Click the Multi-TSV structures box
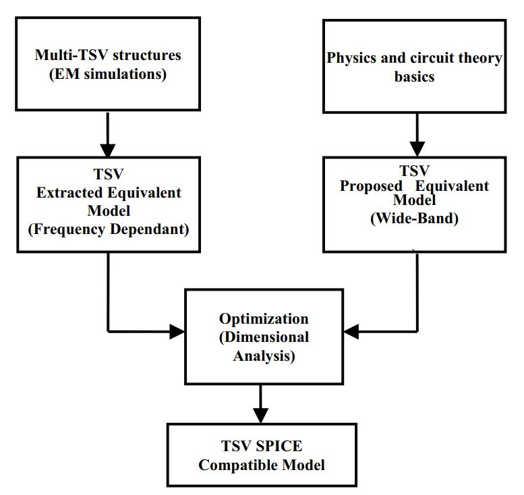[x=109, y=64]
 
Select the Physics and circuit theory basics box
[x=414, y=66]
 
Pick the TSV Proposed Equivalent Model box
[x=414, y=204]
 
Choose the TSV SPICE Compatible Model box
[x=262, y=455]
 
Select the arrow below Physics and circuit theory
[x=417, y=135]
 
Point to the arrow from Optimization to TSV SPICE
[x=260, y=404]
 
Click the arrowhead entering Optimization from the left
[x=177, y=331]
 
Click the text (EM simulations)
[x=109, y=75]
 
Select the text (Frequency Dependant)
[x=109, y=229]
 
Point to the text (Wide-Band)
[x=414, y=219]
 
